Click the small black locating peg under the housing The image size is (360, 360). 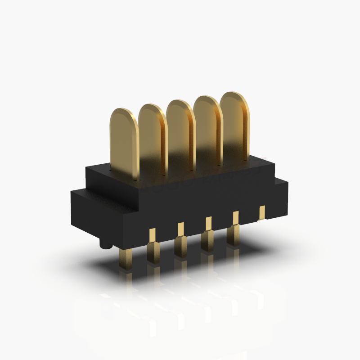coord(105,246)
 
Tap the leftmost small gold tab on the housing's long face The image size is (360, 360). coord(152,234)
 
